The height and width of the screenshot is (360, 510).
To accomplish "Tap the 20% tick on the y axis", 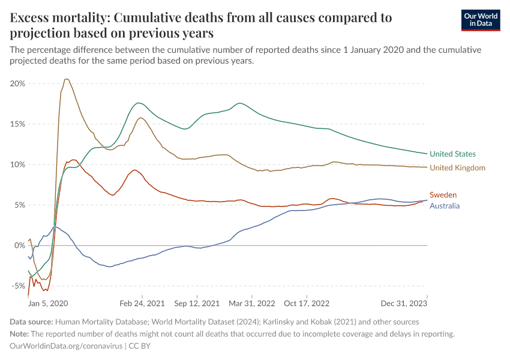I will point(17,83).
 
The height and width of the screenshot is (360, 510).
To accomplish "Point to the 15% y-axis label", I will point(17,124).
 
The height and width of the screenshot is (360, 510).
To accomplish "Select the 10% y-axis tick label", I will point(17,164).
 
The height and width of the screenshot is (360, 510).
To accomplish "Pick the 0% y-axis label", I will point(20,245).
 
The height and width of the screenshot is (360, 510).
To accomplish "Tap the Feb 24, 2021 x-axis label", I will point(142,304).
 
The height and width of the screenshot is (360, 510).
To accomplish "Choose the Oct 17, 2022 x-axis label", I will point(306,304).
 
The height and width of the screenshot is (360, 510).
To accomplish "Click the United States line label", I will point(452,154).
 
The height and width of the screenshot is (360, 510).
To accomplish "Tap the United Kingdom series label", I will point(457,168).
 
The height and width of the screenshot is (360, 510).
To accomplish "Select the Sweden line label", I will point(443,195).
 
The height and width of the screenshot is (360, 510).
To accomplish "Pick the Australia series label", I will point(445,206).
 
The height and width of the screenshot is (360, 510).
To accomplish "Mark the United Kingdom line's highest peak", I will point(66,79).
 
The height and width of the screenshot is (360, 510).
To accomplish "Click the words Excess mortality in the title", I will point(57,17).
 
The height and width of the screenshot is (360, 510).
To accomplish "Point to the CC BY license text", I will point(143,346).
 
